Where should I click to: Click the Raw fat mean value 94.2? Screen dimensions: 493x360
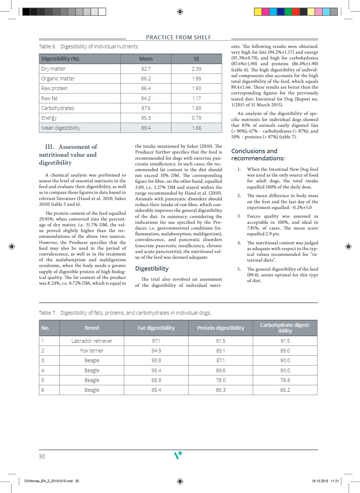(146, 98)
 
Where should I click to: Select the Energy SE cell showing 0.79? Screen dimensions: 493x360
(197, 118)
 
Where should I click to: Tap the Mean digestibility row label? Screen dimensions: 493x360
(61, 128)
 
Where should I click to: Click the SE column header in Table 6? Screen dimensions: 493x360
(197, 59)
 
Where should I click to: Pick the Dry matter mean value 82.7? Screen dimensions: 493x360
(146, 69)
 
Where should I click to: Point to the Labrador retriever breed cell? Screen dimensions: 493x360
(92, 341)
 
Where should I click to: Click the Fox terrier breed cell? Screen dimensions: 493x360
(92, 351)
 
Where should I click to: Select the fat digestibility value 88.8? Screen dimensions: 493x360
(156, 380)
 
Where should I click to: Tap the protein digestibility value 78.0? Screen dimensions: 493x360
(221, 380)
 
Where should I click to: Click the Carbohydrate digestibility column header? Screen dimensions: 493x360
(285, 328)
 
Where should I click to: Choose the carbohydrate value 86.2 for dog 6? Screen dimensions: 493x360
(285, 390)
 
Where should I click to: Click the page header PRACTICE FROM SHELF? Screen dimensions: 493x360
(179, 37)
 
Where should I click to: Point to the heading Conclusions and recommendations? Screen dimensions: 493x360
(258, 155)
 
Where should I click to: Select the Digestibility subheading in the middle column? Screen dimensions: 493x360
(152, 268)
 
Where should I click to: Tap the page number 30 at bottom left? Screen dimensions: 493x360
(42, 457)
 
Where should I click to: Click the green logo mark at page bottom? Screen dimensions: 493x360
(178, 455)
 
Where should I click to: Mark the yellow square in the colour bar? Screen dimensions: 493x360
(258, 12)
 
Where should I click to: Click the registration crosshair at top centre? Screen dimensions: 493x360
(180, 12)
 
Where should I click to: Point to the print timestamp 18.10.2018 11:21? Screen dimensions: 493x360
(325, 481)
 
